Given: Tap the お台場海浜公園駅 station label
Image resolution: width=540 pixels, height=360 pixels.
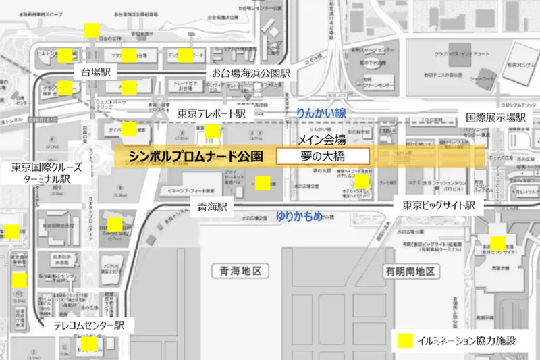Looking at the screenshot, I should point(251,72).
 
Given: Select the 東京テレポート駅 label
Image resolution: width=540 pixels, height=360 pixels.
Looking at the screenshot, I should point(211,113).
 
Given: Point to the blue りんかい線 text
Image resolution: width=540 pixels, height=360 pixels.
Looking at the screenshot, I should point(321,113).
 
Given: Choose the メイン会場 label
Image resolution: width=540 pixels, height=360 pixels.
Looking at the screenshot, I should point(323,140).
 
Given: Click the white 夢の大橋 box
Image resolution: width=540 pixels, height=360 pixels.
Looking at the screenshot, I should point(323,156).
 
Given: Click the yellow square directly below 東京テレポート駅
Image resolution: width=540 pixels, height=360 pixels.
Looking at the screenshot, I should point(213,131).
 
